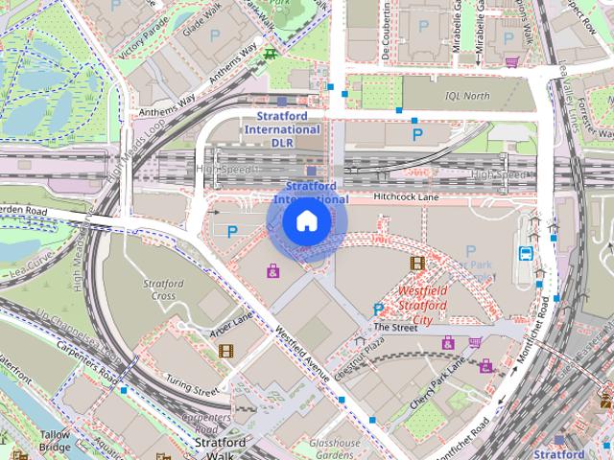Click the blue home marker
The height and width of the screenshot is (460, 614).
tap(306, 221)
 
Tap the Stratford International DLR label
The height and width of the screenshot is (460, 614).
tap(281, 128)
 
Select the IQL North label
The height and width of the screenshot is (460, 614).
tap(466, 96)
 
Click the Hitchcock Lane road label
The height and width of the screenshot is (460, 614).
tap(405, 196)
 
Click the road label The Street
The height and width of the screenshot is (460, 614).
tap(395, 327)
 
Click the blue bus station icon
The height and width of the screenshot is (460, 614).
tap(526, 254)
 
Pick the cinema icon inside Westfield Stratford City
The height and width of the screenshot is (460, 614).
tap(416, 263)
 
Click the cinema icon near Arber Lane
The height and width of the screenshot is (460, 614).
tap(224, 351)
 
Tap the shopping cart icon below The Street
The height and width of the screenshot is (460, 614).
tap(475, 342)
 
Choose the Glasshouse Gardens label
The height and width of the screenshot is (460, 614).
tap(335, 449)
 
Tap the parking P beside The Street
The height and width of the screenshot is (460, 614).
tap(378, 309)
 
